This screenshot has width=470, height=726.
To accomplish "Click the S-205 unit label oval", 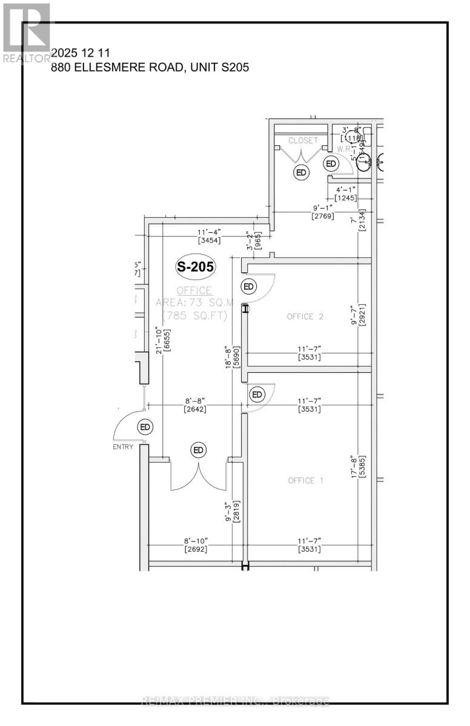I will [196, 266].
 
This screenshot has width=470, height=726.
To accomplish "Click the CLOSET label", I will [303, 140].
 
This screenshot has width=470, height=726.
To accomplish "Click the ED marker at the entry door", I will [145, 427].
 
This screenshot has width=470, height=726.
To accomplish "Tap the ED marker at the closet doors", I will [300, 172].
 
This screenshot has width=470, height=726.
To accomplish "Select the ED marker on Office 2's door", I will [248, 286].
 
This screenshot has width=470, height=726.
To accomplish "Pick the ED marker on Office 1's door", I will [257, 394].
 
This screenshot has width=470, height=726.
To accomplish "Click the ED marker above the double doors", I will [199, 450].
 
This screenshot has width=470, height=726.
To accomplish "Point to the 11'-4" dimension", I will [210, 231].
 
